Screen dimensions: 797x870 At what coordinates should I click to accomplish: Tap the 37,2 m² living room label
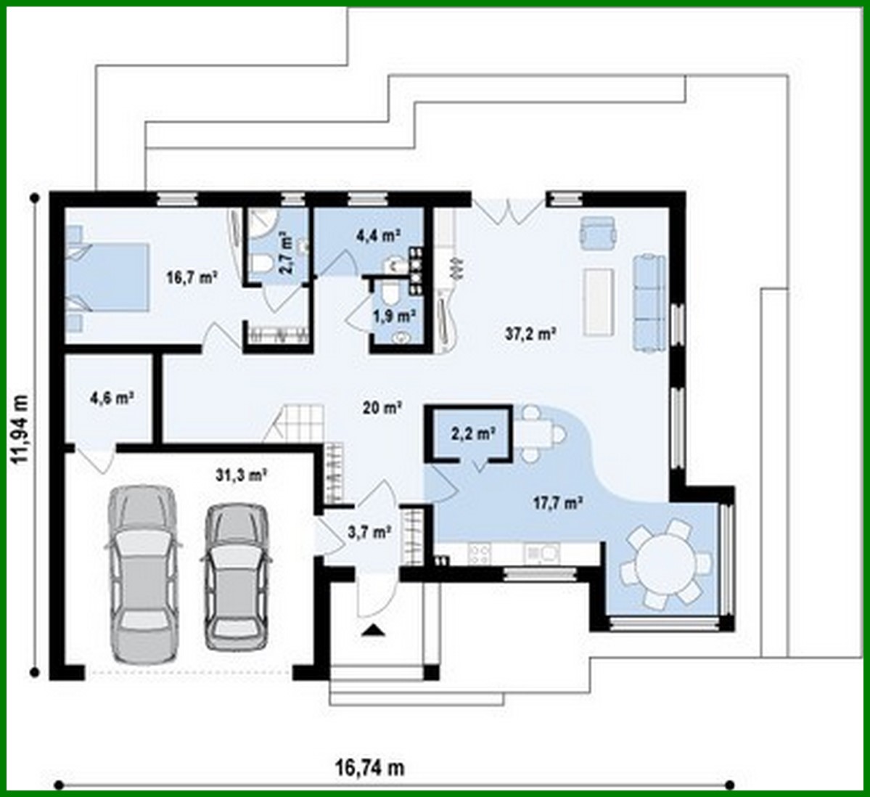[530, 333]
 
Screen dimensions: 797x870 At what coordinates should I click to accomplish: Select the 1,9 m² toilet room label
[394, 315]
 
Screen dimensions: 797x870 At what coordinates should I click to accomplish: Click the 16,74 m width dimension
[369, 767]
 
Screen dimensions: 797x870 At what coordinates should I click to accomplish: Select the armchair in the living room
[599, 232]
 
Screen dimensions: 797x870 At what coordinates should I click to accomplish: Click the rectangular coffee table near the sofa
[599, 301]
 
